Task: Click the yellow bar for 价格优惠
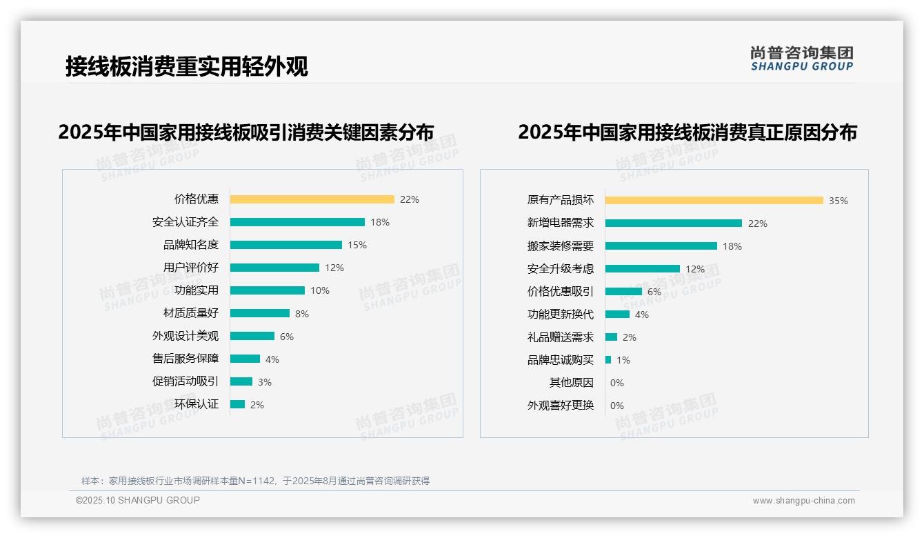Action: click(312, 199)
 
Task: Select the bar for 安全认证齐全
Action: click(297, 222)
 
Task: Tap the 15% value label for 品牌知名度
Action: click(357, 245)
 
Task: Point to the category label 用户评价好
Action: click(191, 268)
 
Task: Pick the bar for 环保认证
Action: click(237, 404)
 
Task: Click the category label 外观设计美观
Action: click(185, 336)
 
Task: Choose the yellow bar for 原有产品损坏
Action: click(714, 200)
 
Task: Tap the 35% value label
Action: click(838, 201)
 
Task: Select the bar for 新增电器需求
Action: click(673, 223)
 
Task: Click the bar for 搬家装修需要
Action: click(661, 246)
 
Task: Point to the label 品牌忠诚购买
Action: click(561, 360)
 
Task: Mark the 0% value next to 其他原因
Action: click(617, 383)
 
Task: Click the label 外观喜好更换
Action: click(561, 406)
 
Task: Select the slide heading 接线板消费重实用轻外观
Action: click(187, 66)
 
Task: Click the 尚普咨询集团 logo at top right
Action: click(802, 59)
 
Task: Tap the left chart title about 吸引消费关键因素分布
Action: click(246, 132)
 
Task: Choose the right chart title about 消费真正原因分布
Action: click(687, 132)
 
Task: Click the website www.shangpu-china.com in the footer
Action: click(803, 501)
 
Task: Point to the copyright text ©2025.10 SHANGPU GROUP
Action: click(138, 500)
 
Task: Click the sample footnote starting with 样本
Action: click(255, 481)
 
